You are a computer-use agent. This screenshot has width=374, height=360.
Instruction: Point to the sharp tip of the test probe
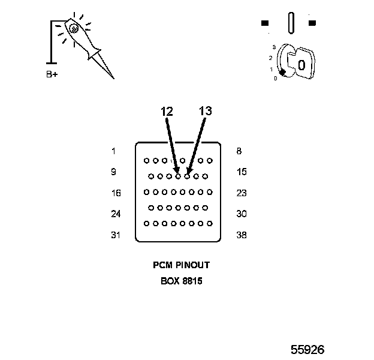pyautogui.click(x=112, y=77)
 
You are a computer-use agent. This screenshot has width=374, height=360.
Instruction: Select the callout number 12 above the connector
pyautogui.click(x=167, y=111)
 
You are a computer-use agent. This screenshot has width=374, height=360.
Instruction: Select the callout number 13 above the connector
pyautogui.click(x=205, y=111)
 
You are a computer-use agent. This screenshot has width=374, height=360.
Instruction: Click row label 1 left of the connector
pyautogui.click(x=113, y=151)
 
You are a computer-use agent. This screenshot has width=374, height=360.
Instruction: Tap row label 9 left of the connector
pyautogui.click(x=113, y=172)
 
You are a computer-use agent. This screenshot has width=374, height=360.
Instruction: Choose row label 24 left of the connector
pyautogui.click(x=116, y=214)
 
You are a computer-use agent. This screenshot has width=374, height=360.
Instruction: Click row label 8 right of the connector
pyautogui.click(x=239, y=151)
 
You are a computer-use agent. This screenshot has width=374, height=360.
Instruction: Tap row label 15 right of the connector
pyautogui.click(x=242, y=172)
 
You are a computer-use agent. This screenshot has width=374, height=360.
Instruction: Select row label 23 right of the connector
pyautogui.click(x=242, y=193)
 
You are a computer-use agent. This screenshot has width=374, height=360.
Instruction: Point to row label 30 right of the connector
pyautogui.click(x=242, y=214)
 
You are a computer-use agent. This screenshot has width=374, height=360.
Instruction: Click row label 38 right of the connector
pyautogui.click(x=242, y=235)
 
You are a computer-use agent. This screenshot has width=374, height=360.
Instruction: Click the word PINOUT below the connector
pyautogui.click(x=191, y=265)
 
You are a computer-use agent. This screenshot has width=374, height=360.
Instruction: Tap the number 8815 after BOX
pyautogui.click(x=190, y=280)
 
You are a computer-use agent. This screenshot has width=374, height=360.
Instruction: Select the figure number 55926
pyautogui.click(x=308, y=349)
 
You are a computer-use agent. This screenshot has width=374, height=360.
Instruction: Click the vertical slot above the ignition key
pyautogui.click(x=291, y=23)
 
